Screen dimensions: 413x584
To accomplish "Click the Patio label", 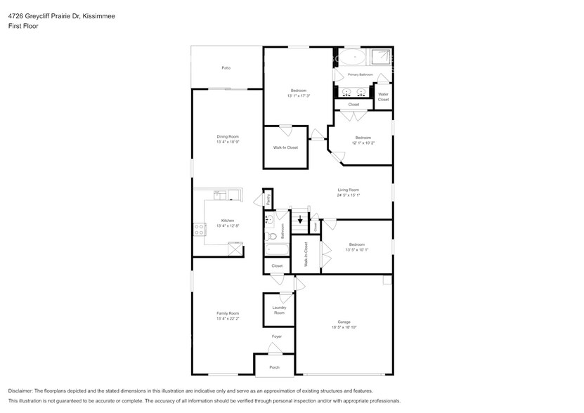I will click(226, 67).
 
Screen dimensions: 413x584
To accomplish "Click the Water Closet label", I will click(383, 97).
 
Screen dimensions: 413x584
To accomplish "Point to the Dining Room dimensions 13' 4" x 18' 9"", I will click(228, 142).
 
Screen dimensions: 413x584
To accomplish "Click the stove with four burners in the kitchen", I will click(199, 228).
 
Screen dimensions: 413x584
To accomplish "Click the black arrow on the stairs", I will click(301, 219).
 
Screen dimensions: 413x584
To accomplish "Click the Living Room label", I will click(349, 190).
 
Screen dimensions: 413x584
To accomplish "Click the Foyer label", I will click(277, 336).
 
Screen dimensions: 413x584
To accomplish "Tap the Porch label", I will click(274, 367).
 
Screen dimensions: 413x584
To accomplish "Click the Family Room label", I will click(228, 313).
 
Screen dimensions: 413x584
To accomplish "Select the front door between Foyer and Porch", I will click(274, 355).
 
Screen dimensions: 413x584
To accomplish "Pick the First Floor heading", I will click(23, 25).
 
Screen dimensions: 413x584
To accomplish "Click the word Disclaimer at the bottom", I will click(24, 391).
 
